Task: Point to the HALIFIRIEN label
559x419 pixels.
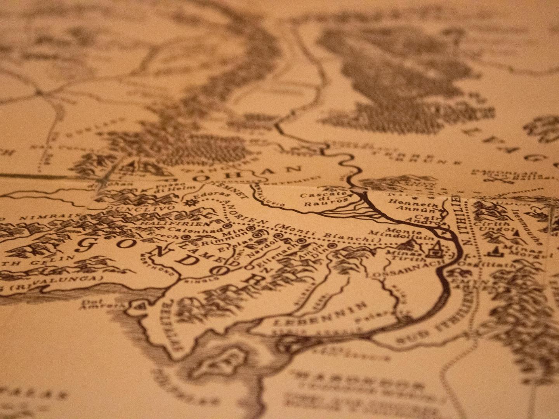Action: pyautogui.click(x=175, y=224)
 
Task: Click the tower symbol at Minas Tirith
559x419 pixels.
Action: pyautogui.click(x=436, y=250)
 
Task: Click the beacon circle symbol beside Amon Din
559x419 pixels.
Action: pyautogui.click(x=332, y=246)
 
